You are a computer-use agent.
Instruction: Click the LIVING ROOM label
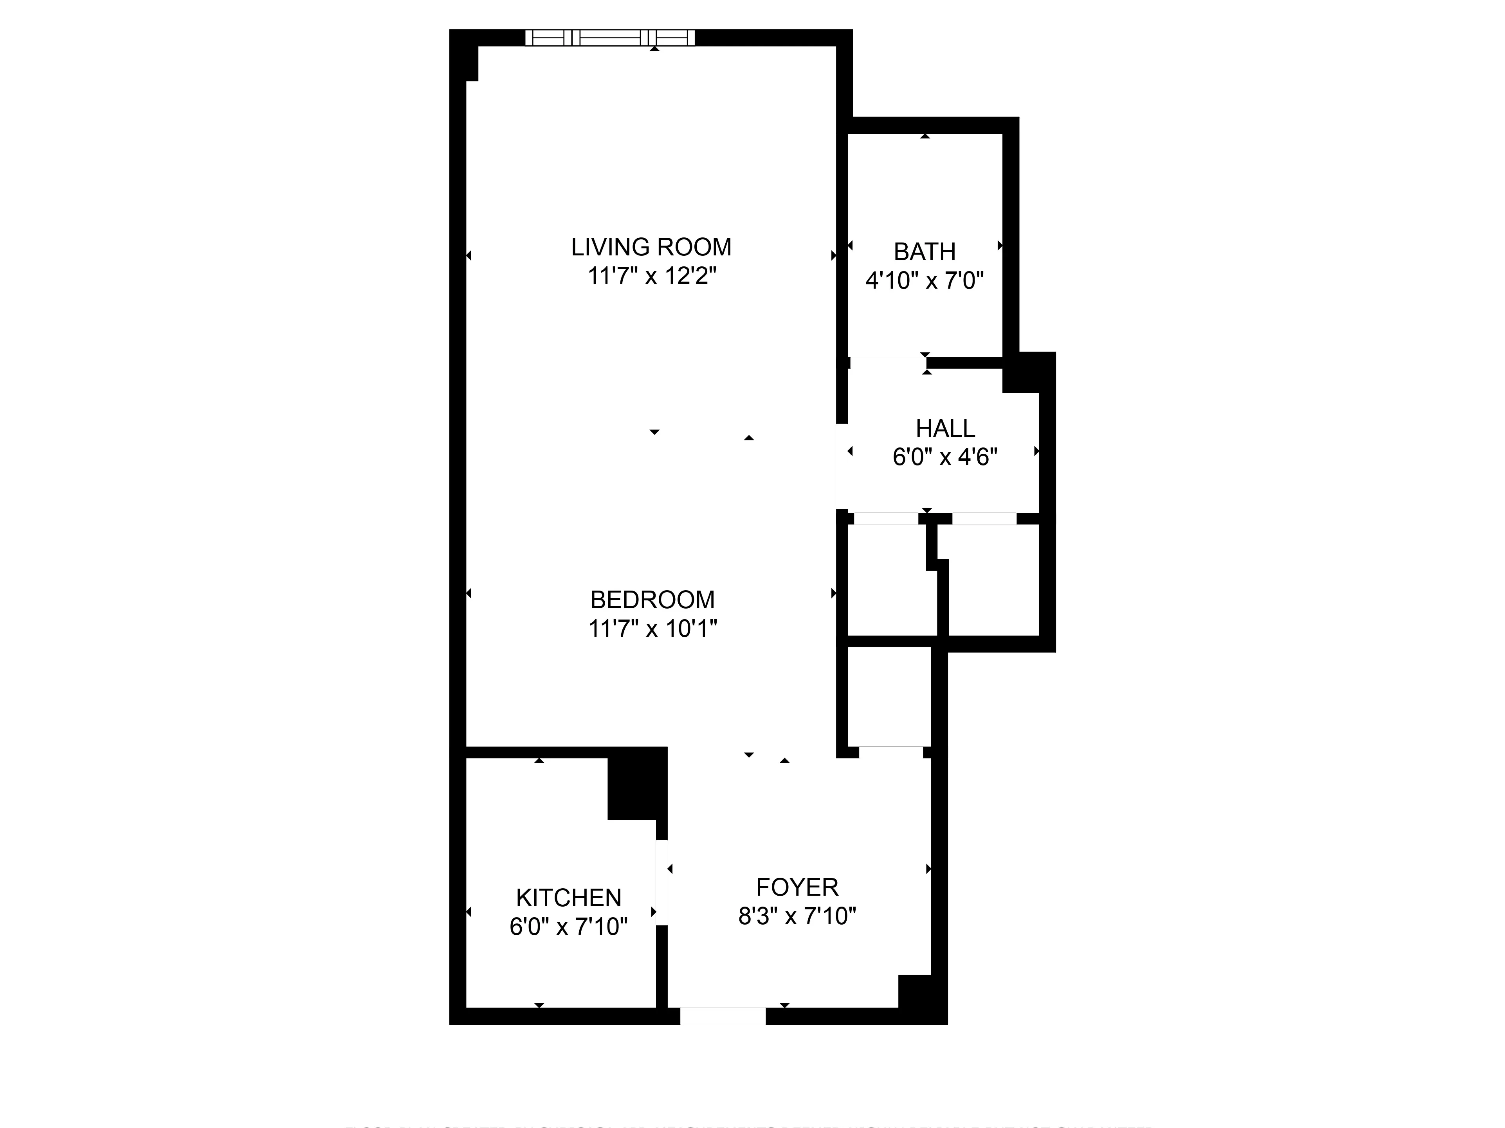[x=651, y=247]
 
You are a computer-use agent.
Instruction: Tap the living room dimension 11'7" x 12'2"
[x=652, y=277]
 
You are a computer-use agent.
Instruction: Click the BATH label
[x=925, y=251]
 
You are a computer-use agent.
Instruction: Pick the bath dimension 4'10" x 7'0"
[x=925, y=280]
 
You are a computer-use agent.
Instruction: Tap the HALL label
[x=945, y=428]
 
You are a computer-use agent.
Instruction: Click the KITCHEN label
[x=569, y=898]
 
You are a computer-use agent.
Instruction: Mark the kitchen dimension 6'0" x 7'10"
[x=569, y=927]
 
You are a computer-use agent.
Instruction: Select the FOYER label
[x=797, y=887]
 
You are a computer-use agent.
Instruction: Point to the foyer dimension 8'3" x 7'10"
[x=797, y=916]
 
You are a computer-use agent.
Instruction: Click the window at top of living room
[x=610, y=38]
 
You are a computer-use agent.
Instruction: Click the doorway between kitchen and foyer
[x=661, y=882]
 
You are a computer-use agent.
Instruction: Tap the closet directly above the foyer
[x=889, y=697]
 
